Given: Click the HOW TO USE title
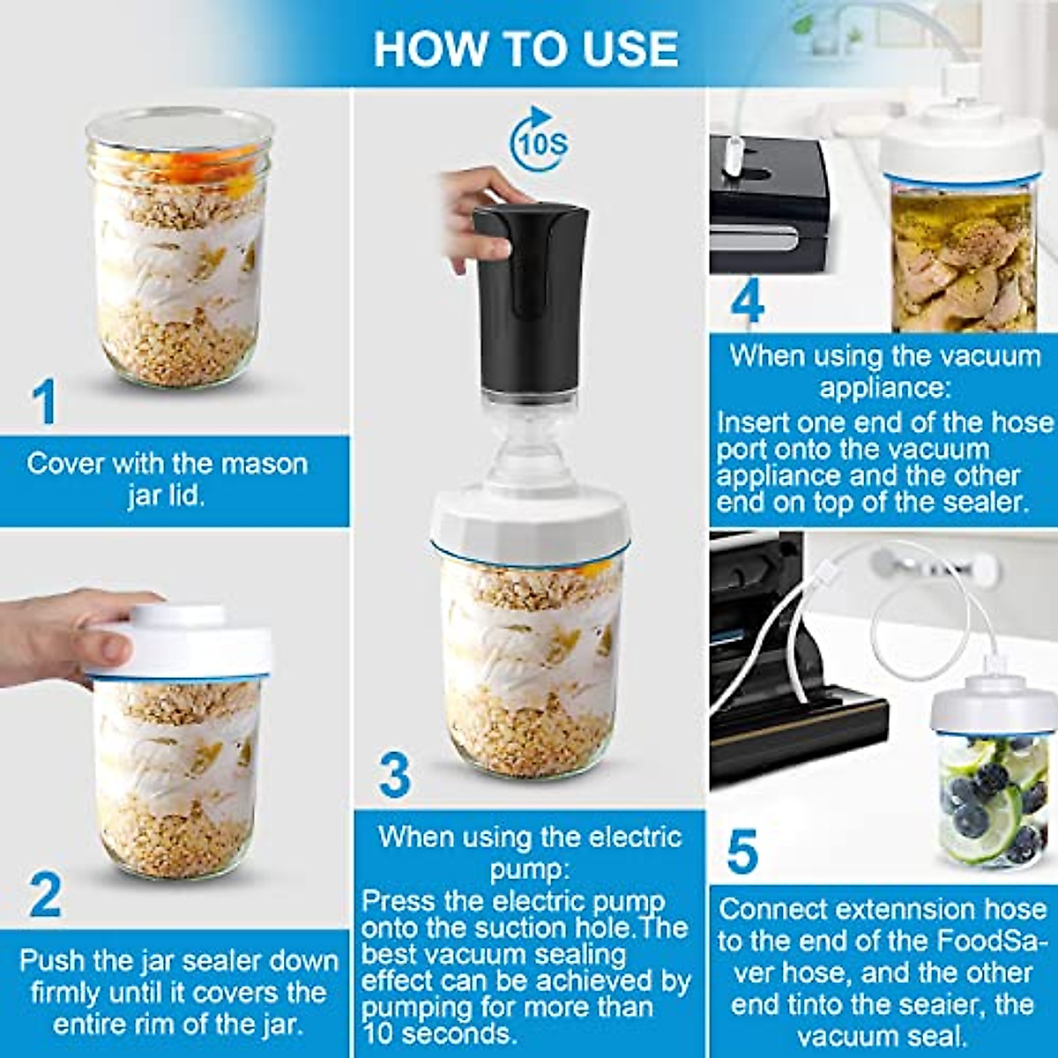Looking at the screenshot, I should coord(526,48).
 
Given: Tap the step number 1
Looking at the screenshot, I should coord(44,401).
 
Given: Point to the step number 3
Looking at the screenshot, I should coord(394,774).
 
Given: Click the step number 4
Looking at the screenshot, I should coord(746,302).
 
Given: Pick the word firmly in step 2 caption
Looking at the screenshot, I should coord(69,993).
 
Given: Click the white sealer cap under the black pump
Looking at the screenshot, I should coord(529,525).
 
